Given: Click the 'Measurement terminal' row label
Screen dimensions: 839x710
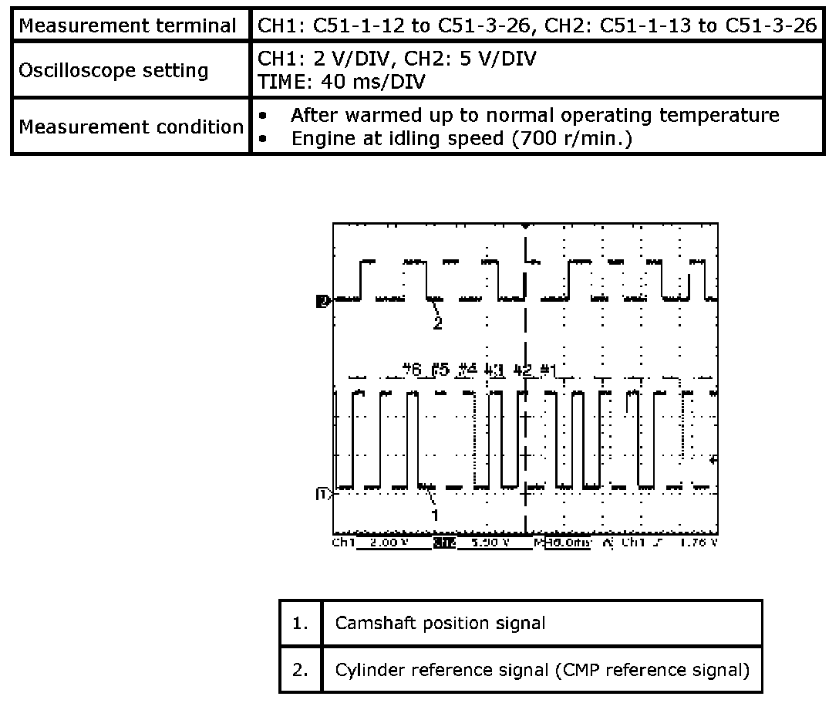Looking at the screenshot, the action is point(128,25).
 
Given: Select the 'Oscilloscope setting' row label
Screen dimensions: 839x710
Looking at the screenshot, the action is point(113,70).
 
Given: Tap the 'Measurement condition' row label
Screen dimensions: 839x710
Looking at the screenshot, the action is point(131,126).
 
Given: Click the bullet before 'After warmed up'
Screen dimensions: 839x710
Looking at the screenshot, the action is point(264,116).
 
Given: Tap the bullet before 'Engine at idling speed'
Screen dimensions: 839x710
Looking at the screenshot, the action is point(264,140).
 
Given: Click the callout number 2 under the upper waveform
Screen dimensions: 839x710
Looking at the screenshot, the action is point(437,323).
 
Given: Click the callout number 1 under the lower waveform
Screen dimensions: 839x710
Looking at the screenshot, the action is point(435,513).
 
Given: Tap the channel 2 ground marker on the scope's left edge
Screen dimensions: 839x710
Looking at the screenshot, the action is point(323,301).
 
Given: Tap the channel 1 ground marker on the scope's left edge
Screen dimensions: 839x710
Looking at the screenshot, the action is point(323,492).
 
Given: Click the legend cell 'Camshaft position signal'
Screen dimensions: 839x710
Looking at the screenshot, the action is point(440,623).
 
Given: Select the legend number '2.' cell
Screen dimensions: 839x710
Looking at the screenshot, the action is point(301,670).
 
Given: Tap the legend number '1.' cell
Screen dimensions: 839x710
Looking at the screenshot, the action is point(301,623).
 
